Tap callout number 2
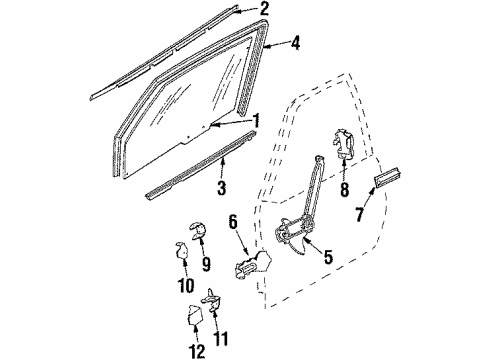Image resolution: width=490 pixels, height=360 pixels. click(264, 11)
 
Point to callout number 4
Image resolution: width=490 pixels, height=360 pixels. click(297, 43)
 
